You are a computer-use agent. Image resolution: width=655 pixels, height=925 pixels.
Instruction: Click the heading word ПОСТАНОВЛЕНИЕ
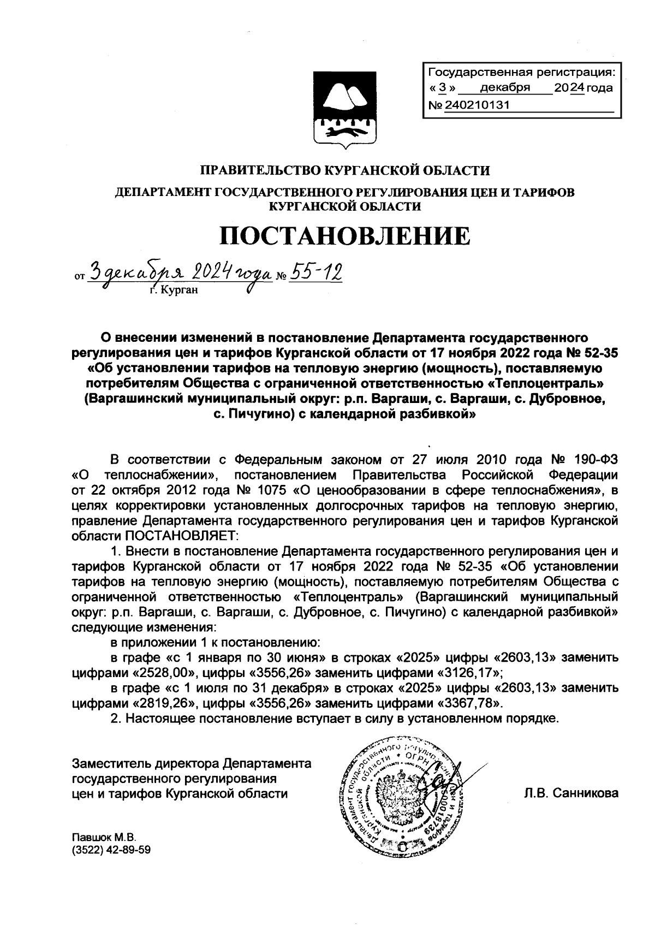pyautogui.click(x=344, y=236)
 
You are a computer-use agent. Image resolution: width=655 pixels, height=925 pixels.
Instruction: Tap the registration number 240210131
pyautogui.click(x=477, y=105)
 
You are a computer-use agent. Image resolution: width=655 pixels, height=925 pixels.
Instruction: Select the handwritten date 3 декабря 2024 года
pyautogui.click(x=180, y=271)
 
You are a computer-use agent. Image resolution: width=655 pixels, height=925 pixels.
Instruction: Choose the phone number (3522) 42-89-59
pyautogui.click(x=111, y=850)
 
